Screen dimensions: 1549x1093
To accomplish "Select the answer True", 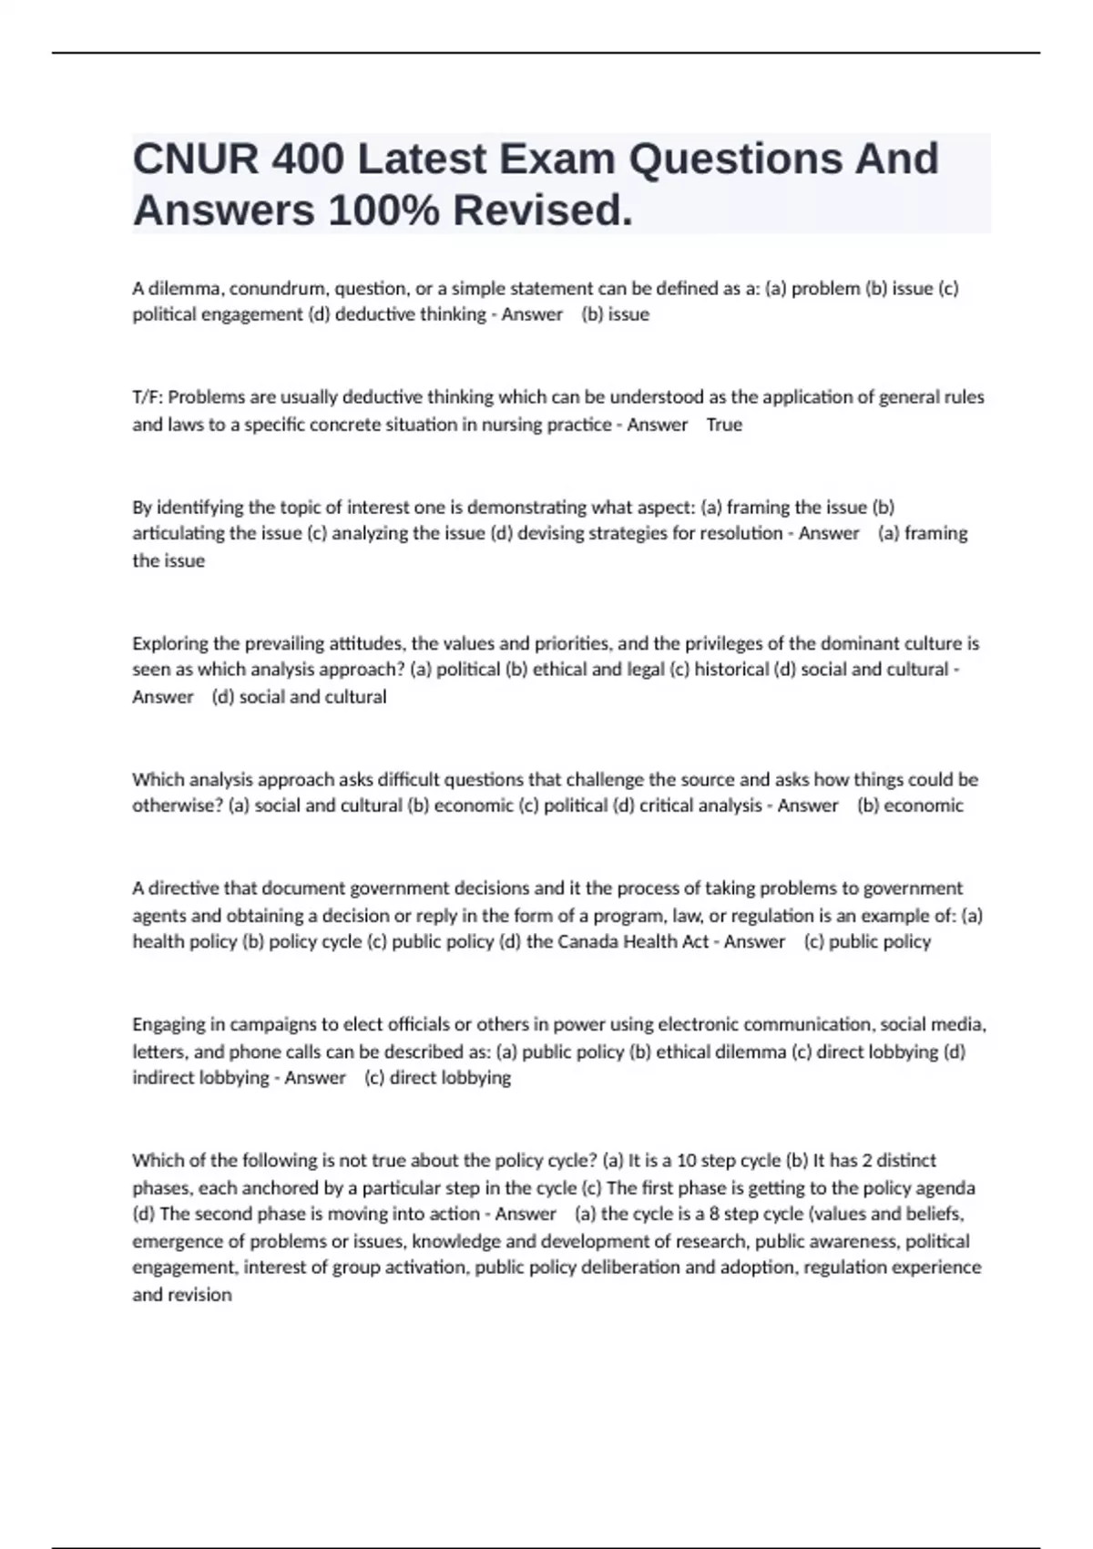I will coord(724,425).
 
